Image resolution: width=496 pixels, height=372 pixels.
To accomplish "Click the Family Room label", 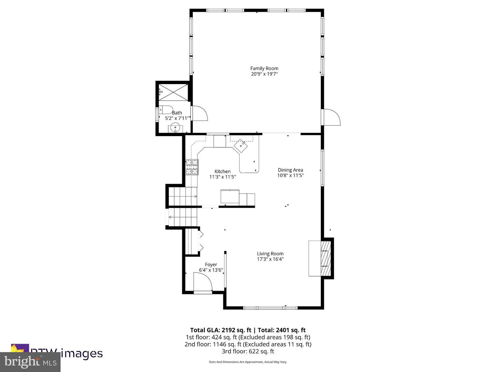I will pyautogui.click(x=264, y=68).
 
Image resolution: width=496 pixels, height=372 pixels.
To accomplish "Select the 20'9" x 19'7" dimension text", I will pyautogui.click(x=264, y=74).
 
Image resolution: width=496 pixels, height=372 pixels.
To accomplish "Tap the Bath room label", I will pyautogui.click(x=177, y=113).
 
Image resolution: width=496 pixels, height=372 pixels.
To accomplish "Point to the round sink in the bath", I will pyautogui.click(x=175, y=127).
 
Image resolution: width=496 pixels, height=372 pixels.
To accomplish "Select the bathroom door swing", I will pyautogui.click(x=199, y=113).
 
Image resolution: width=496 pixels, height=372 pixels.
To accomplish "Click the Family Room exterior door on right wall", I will pyautogui.click(x=331, y=117).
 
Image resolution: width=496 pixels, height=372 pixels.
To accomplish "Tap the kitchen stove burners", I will pyautogui.click(x=192, y=167).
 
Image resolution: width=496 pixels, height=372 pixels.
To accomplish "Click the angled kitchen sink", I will pyautogui.click(x=241, y=146).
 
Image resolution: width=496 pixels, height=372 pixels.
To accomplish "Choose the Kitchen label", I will pyautogui.click(x=223, y=171).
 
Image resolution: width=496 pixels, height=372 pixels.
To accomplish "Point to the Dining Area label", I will pyautogui.click(x=290, y=170).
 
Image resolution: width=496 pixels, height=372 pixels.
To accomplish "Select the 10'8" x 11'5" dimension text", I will pyautogui.click(x=290, y=175).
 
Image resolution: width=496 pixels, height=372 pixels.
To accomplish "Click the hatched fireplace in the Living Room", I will pyautogui.click(x=325, y=258).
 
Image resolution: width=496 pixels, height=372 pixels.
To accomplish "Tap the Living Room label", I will pyautogui.click(x=270, y=254).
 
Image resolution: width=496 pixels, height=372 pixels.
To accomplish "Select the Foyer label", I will pyautogui.click(x=211, y=265).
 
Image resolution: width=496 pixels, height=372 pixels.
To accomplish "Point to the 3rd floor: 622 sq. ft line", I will pyautogui.click(x=248, y=351).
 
